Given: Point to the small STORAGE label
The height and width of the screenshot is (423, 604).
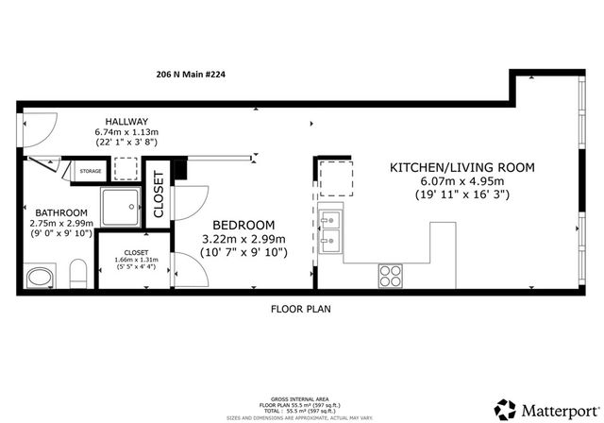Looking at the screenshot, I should tap(91, 171).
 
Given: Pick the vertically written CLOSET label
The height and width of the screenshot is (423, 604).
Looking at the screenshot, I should tap(159, 195).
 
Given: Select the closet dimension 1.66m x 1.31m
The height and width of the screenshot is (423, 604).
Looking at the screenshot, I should tap(136, 260).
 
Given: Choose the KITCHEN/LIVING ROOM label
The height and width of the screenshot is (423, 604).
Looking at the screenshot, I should tap(462, 168).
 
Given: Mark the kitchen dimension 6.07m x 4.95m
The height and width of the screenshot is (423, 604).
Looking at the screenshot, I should tap(462, 182).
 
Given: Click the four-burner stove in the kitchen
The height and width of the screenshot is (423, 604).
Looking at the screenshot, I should tap(391, 275).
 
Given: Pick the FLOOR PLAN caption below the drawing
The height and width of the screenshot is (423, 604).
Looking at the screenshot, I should tap(300, 309).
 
